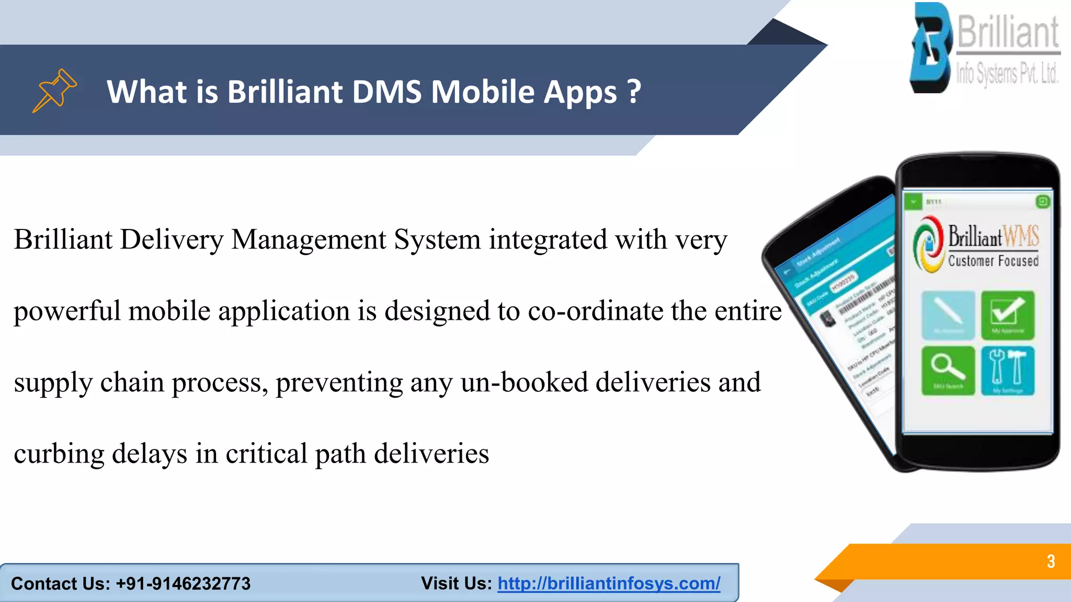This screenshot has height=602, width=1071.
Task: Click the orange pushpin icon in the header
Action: click(54, 90)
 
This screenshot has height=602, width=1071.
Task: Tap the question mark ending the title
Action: click(634, 92)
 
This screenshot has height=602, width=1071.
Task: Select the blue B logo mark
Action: click(931, 48)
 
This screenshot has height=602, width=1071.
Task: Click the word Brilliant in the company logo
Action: click(1008, 32)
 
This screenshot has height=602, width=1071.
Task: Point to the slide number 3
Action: click(1051, 561)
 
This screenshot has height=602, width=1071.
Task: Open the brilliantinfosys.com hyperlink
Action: click(609, 583)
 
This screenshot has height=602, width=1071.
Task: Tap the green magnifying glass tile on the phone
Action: click(948, 370)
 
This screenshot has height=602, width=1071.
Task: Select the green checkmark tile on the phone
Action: click(1007, 315)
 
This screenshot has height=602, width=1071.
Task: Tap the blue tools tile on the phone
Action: click(1007, 370)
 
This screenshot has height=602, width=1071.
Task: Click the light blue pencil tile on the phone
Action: click(948, 315)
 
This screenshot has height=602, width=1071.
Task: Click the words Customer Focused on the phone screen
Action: click(993, 261)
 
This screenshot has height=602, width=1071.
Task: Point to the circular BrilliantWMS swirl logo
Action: click(928, 244)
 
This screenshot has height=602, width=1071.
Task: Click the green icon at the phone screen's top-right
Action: click(1042, 202)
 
